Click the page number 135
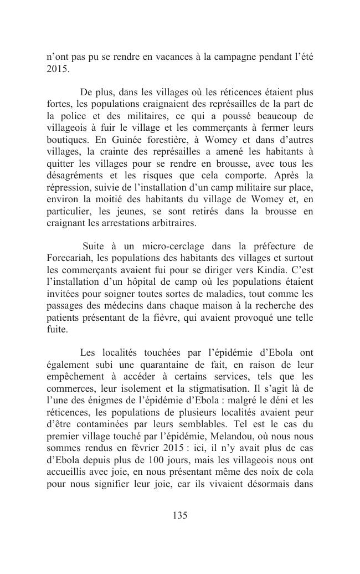180,516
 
